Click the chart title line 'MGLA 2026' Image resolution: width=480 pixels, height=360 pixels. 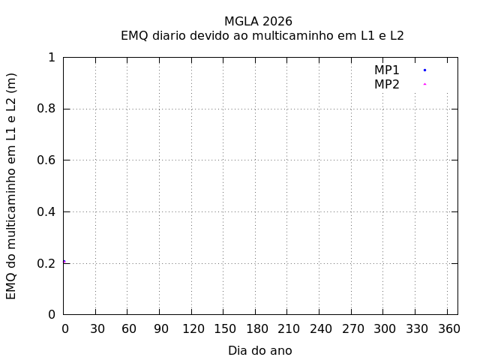pyautogui.click(x=258, y=21)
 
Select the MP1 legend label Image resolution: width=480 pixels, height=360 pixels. pyautogui.click(x=387, y=70)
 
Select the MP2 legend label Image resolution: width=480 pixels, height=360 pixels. pyautogui.click(x=387, y=84)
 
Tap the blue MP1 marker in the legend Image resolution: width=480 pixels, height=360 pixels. pyautogui.click(x=424, y=70)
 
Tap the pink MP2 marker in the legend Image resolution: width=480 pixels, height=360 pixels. pyautogui.click(x=424, y=84)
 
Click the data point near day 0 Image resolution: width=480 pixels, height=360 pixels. pyautogui.click(x=64, y=262)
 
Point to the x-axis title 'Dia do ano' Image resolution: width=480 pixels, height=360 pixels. pyautogui.click(x=259, y=350)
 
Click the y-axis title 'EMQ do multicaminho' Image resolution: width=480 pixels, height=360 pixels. pyautogui.click(x=11, y=187)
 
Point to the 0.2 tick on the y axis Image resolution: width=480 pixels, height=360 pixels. pyautogui.click(x=49, y=263)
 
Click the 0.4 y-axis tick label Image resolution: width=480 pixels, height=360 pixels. pyautogui.click(x=49, y=211)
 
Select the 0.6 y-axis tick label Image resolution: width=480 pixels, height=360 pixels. pyautogui.click(x=49, y=160)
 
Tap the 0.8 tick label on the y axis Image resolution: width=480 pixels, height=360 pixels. pyautogui.click(x=49, y=109)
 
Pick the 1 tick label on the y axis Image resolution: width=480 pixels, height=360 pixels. pyautogui.click(x=52, y=58)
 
